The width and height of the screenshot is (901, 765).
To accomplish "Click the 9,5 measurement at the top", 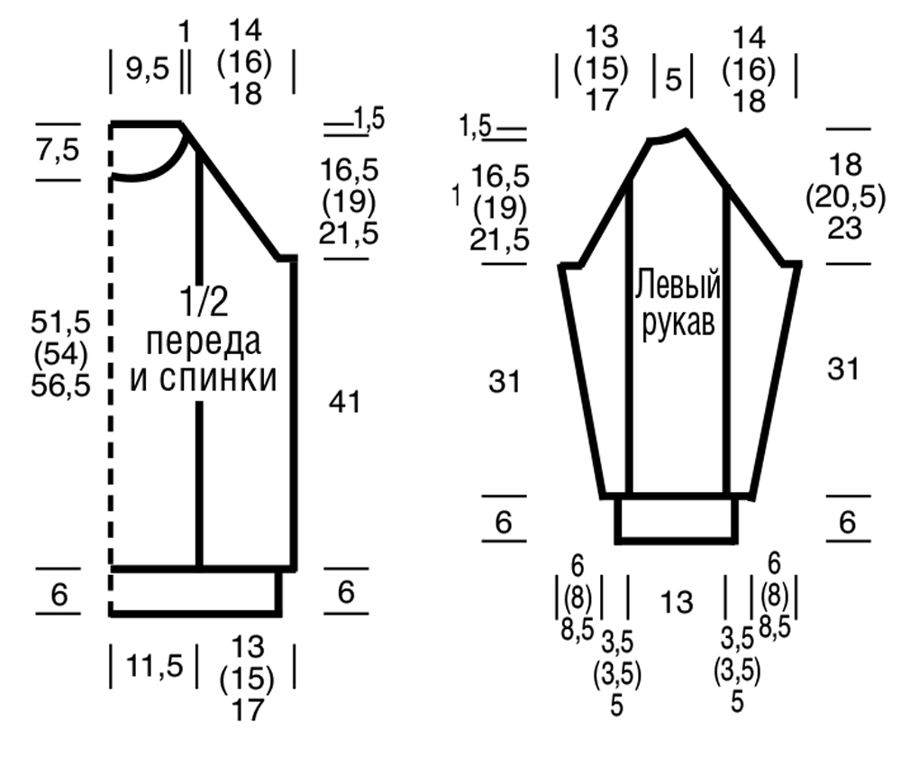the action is (148, 69).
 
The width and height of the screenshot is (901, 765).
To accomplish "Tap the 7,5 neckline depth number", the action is (58, 150).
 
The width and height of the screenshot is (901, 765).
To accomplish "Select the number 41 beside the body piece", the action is (345, 402).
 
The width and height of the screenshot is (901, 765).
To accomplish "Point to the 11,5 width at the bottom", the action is (154, 666).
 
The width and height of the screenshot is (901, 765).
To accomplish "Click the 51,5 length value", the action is (60, 322).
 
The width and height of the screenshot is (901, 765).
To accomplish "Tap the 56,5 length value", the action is (60, 385).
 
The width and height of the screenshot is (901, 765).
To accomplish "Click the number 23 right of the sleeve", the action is (845, 228).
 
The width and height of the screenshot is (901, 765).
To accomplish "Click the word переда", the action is (204, 342).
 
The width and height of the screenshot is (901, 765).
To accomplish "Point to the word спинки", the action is (218, 378).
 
